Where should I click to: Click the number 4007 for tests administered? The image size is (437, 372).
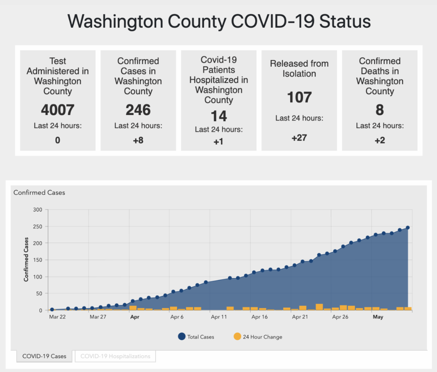click(58, 110)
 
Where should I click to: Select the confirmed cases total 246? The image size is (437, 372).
click(138, 110)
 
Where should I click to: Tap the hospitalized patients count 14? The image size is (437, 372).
click(219, 116)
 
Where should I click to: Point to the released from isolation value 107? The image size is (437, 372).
click(299, 98)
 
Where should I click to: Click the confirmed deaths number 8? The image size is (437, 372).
click(379, 110)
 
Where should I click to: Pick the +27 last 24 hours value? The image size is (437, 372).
click(299, 138)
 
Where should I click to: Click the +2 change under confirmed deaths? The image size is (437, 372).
click(379, 140)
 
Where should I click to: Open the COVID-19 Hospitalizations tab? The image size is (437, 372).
click(115, 356)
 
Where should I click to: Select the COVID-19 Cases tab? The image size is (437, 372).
click(44, 356)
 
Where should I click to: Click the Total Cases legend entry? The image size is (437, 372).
click(196, 337)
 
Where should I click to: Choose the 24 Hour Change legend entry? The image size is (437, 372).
click(258, 337)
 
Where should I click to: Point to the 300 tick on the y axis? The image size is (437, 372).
click(38, 210)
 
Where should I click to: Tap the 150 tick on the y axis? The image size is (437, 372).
click(38, 260)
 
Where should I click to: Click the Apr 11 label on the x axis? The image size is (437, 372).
click(219, 317)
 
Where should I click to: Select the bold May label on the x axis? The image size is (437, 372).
click(378, 317)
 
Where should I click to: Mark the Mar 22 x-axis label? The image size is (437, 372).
click(57, 317)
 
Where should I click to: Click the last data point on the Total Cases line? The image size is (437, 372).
click(408, 228)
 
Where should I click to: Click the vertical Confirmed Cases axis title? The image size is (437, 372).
click(26, 260)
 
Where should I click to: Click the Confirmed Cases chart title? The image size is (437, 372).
click(39, 193)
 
